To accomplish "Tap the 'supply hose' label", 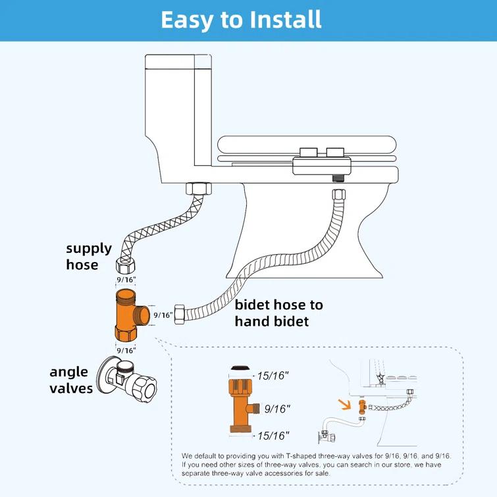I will [88, 257].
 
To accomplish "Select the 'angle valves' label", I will [71, 380].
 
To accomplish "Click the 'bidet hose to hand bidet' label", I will [278, 313].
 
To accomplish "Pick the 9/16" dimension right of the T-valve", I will [163, 315].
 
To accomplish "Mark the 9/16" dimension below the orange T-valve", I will [125, 351].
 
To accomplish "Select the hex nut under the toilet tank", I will [198, 188].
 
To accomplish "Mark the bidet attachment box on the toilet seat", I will [321, 161].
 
